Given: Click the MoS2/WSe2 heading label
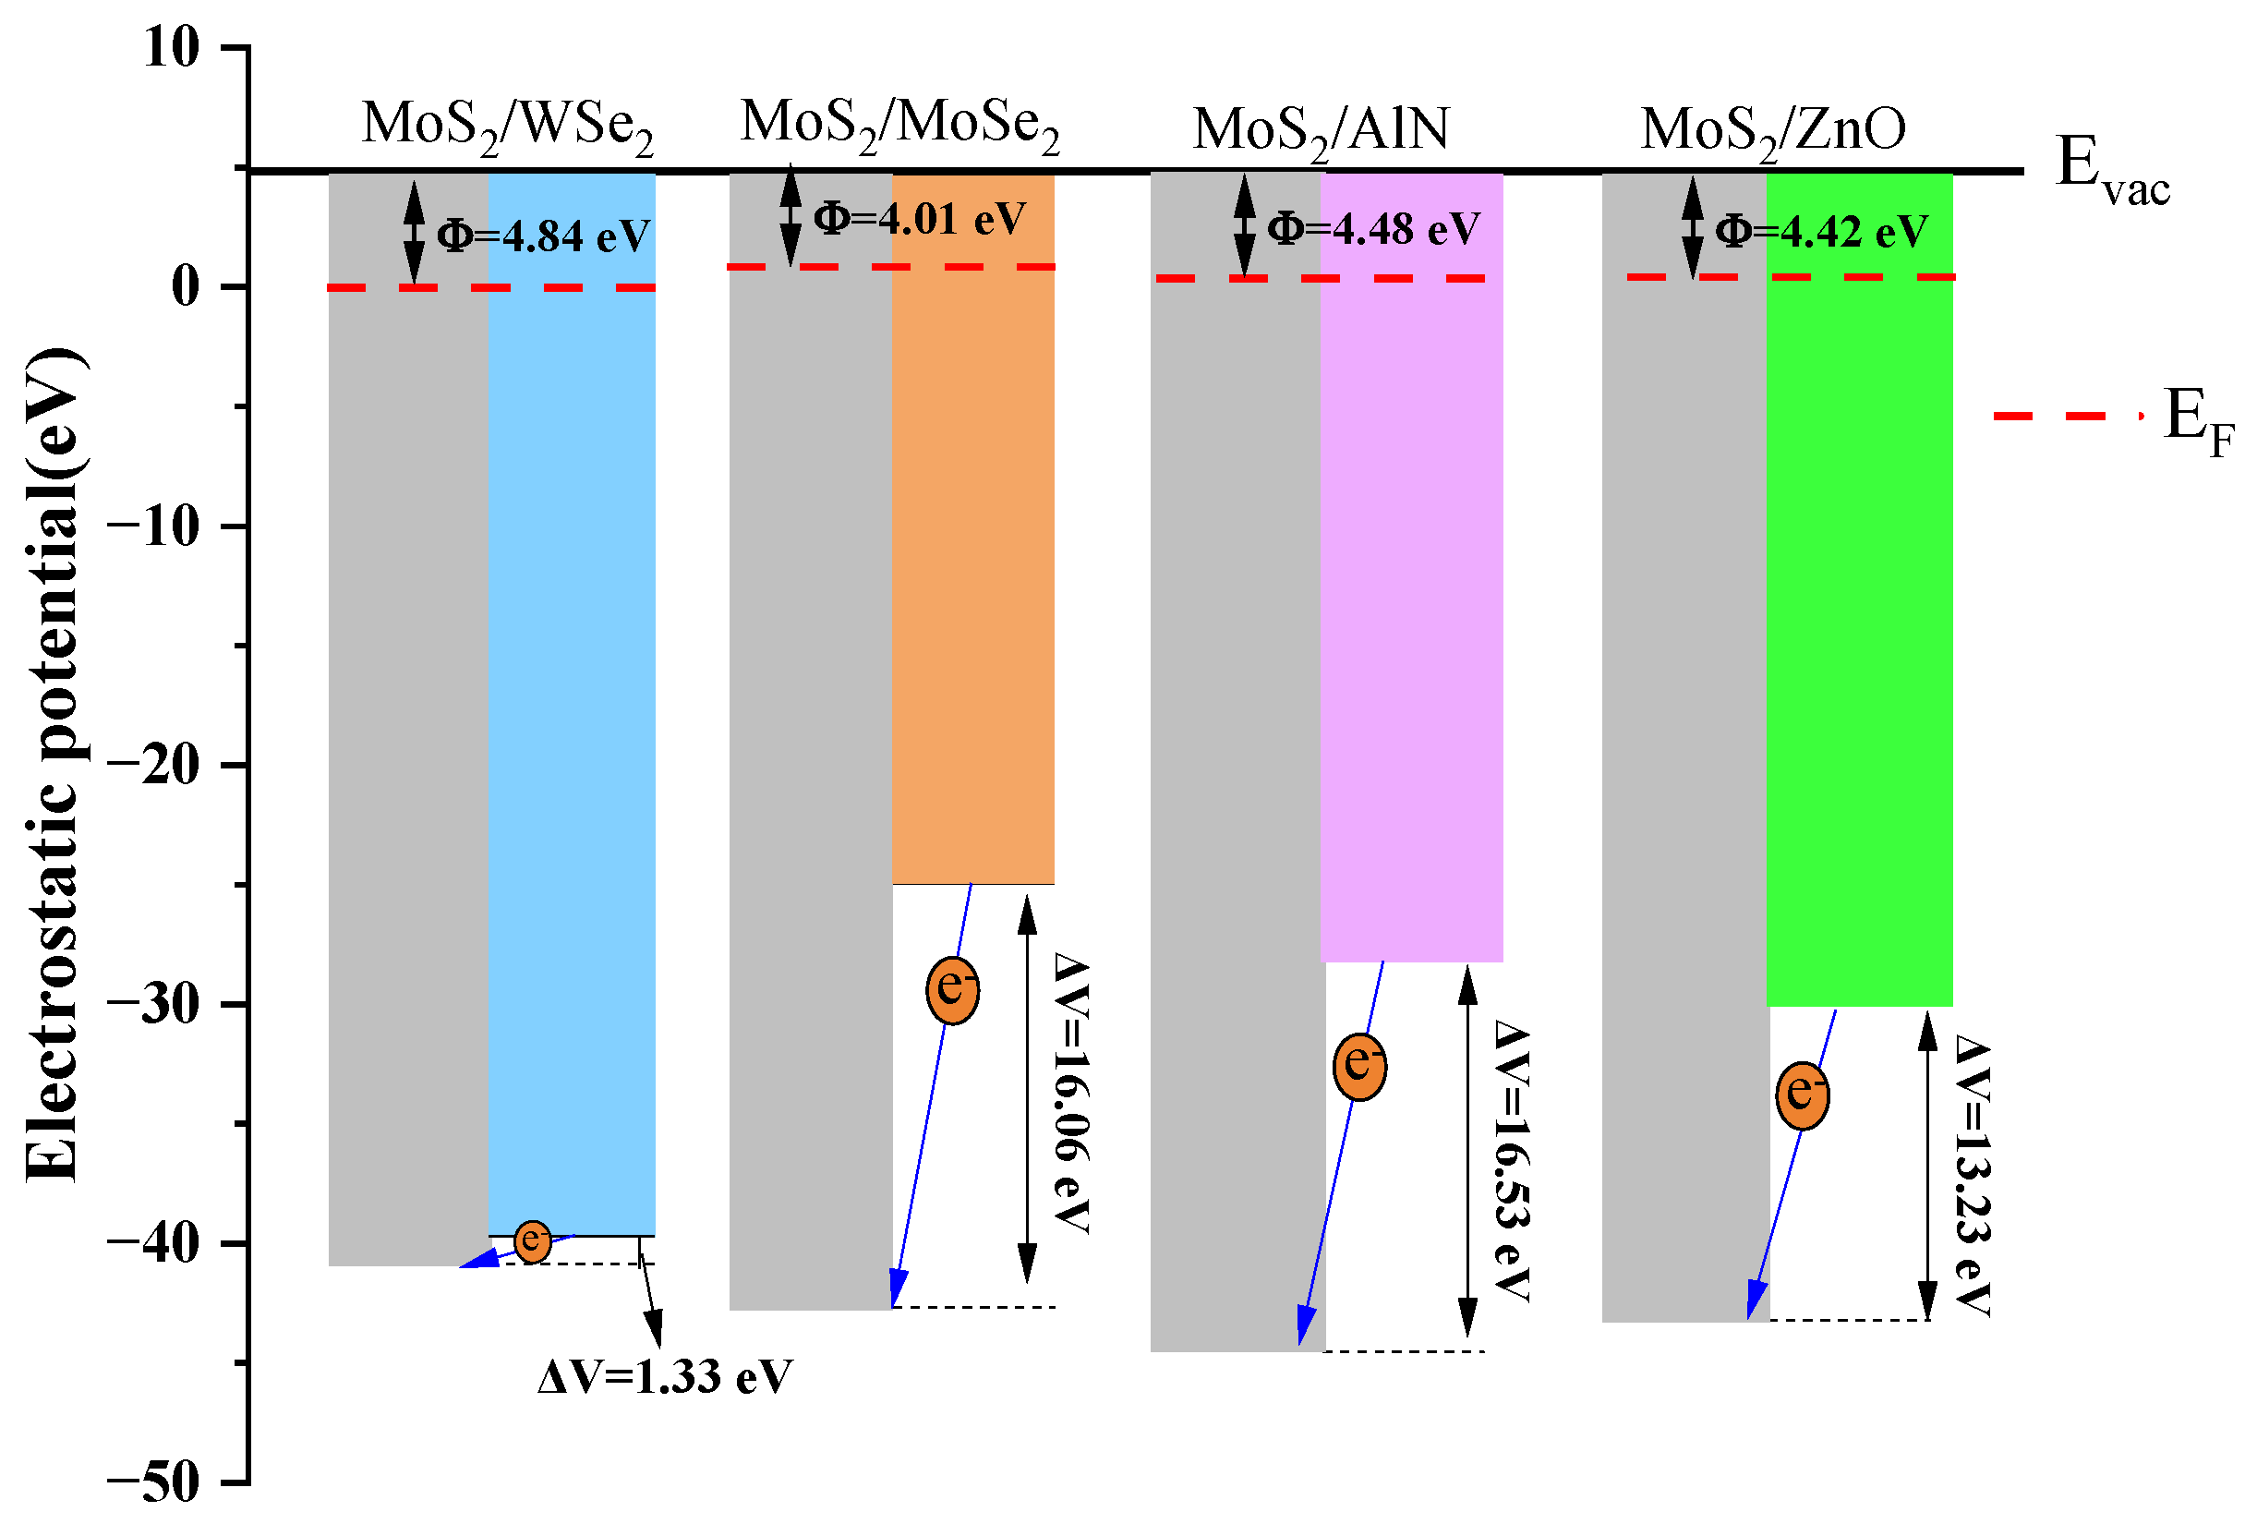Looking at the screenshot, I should (x=507, y=127).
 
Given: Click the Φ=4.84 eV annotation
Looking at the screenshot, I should (x=543, y=236).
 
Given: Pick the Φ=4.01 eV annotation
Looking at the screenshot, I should (x=919, y=219).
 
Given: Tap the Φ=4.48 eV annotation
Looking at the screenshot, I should (x=1373, y=229).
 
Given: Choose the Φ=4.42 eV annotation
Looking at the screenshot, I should (x=1821, y=231).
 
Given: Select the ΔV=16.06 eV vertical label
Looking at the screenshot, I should (x=1071, y=1093).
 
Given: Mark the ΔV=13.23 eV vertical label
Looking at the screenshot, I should (x=1973, y=1177).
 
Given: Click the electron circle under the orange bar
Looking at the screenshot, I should (x=952, y=990).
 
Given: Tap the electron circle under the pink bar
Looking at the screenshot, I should (x=1359, y=1067).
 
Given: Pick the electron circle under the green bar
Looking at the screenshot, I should (x=1803, y=1095).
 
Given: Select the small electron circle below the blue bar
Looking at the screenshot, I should (x=532, y=1241).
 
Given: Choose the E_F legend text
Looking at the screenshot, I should (x=2199, y=421).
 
